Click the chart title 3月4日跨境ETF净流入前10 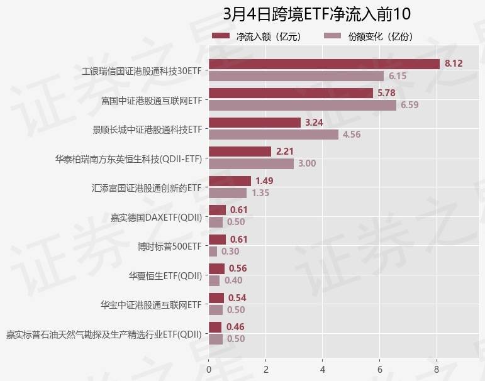[316, 14]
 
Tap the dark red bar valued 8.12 [324, 64]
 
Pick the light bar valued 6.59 [303, 105]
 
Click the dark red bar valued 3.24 [255, 123]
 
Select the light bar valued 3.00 [251, 163]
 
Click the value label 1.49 [264, 180]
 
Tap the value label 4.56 [352, 135]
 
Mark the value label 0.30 [230, 251]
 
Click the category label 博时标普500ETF [170, 246]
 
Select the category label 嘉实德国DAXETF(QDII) [156, 218]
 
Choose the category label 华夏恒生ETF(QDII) [165, 275]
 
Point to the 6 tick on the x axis [380, 362]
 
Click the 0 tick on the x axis [209, 362]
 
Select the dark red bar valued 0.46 [215, 327]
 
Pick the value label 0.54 [237, 297]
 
